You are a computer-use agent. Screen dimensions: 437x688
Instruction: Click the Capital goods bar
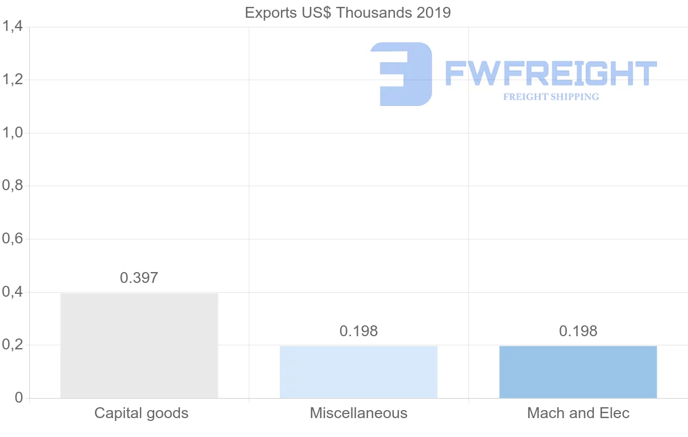(x=139, y=345)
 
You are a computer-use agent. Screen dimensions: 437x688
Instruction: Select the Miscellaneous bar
(x=358, y=372)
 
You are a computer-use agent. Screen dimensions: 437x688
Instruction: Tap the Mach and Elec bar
(x=578, y=372)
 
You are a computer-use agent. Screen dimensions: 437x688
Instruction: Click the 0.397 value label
(x=139, y=278)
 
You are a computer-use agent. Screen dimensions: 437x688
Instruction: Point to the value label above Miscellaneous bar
(x=358, y=331)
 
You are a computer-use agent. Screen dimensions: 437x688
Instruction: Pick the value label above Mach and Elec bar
(x=578, y=331)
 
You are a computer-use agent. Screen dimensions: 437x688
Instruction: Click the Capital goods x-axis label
(x=141, y=413)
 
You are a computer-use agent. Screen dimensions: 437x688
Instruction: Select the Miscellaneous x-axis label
(x=358, y=413)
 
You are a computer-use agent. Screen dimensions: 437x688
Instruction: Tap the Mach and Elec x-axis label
(x=578, y=413)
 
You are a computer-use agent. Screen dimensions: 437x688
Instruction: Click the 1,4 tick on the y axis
(x=12, y=27)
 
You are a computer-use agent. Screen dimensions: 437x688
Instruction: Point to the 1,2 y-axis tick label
(x=12, y=80)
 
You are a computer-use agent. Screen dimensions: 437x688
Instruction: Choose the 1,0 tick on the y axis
(x=12, y=133)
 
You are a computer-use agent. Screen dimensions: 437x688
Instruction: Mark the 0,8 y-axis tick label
(x=12, y=186)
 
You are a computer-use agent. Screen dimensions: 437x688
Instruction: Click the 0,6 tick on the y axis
(x=12, y=239)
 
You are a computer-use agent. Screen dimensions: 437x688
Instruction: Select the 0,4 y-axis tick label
(x=12, y=292)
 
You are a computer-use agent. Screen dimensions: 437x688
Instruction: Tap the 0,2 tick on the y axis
(x=12, y=345)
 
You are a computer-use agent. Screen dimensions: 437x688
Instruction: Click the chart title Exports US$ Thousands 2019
(x=348, y=13)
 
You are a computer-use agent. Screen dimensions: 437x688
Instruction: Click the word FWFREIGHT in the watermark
(x=551, y=74)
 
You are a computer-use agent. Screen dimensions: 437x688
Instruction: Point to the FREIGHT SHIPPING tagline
(x=551, y=97)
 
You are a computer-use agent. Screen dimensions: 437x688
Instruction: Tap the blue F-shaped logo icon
(x=401, y=74)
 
